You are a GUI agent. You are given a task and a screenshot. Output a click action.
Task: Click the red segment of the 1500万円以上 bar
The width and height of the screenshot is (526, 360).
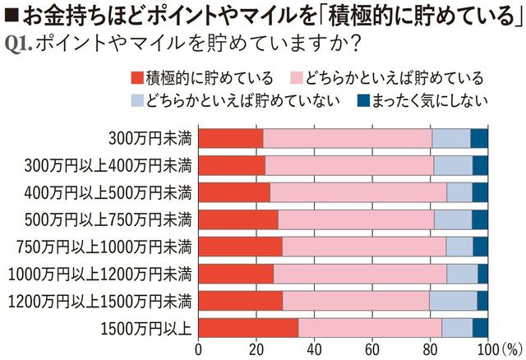tap(248, 328)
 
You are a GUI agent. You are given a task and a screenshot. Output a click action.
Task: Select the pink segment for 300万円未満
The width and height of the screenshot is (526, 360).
tap(347, 138)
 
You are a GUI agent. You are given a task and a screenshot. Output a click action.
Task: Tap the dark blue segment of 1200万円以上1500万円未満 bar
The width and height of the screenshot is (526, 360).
tap(482, 301)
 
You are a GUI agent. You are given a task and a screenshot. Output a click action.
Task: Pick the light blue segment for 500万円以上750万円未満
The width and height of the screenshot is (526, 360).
tap(452, 219)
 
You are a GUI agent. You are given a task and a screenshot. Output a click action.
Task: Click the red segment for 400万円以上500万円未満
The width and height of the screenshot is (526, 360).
tap(234, 192)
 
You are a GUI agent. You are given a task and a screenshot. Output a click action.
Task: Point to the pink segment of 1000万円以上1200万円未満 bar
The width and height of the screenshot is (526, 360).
tap(360, 274)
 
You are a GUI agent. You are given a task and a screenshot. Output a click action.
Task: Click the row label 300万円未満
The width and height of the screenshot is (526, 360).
tap(150, 138)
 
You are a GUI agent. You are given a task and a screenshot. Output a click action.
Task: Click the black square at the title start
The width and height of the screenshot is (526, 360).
tap(12, 15)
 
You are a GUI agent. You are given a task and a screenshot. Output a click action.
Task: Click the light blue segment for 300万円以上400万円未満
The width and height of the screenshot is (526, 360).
tap(453, 165)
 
